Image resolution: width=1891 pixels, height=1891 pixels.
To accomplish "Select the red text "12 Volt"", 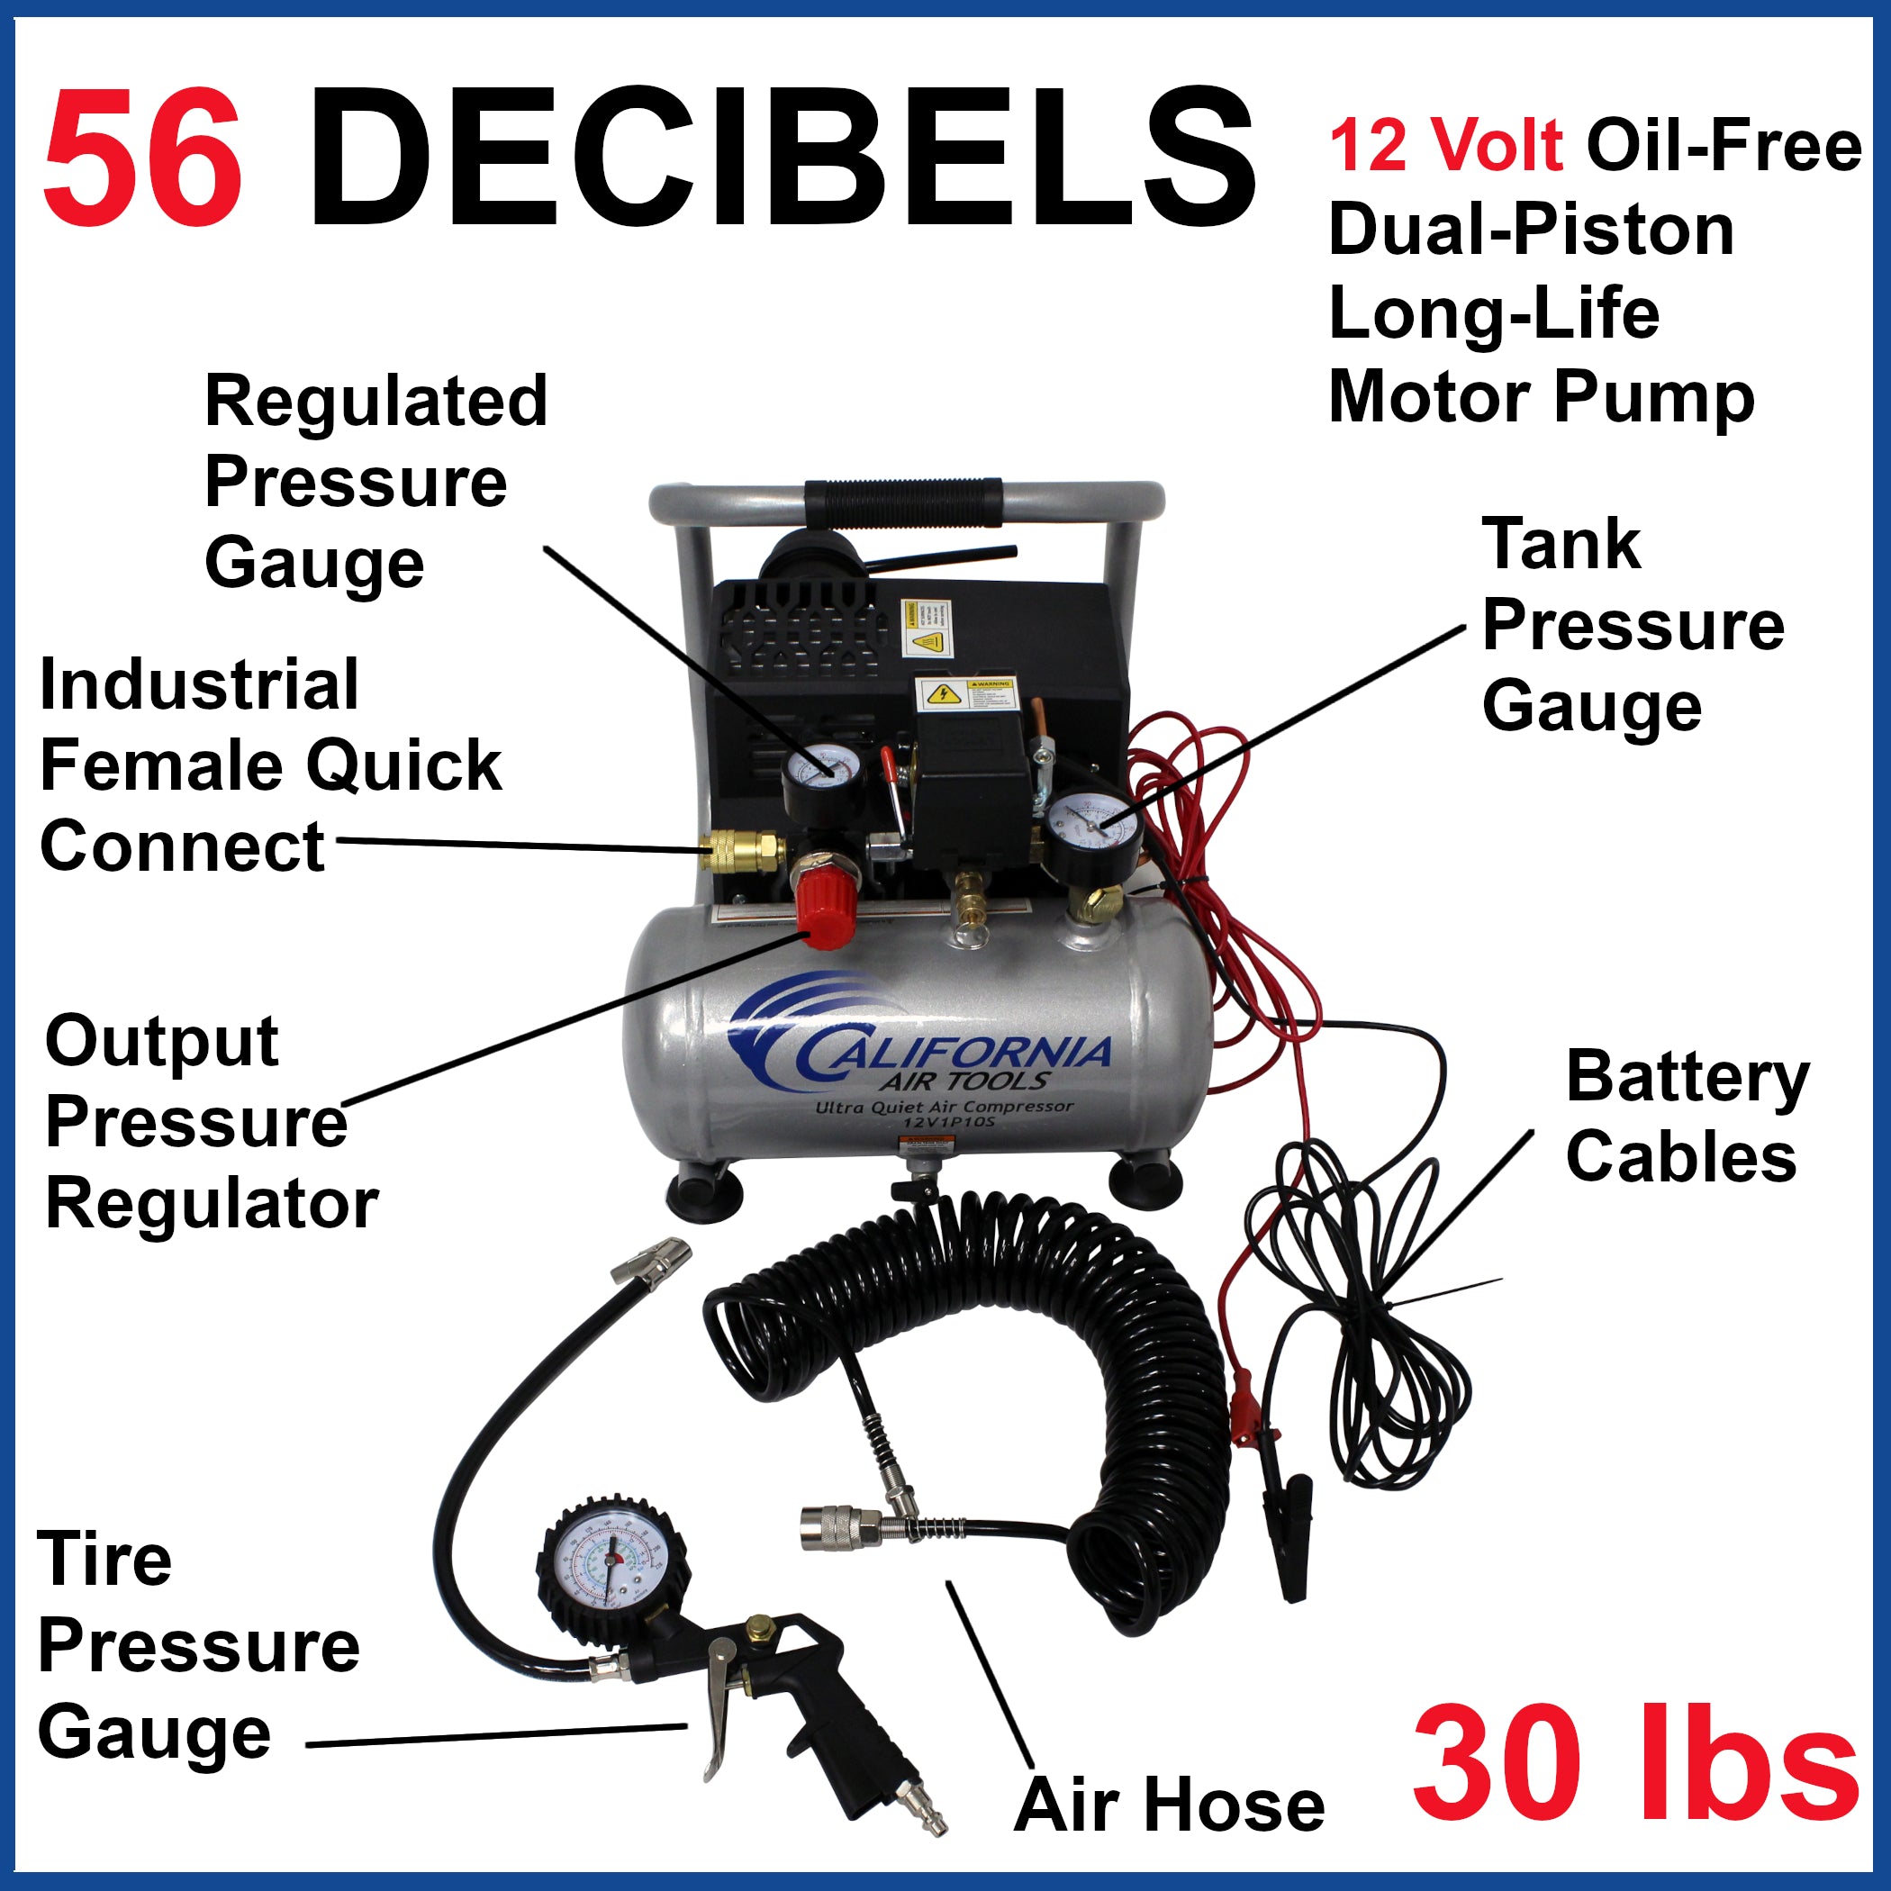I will (1447, 145).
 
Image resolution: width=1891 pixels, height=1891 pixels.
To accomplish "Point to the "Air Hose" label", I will (1169, 1805).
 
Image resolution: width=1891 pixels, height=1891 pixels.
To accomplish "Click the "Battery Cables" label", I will (1686, 1117).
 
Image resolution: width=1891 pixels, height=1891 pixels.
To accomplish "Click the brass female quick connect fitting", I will (744, 851).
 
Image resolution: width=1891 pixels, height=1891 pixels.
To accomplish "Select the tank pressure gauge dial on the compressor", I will (1092, 828).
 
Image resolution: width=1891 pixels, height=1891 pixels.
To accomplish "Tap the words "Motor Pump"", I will (1541, 397).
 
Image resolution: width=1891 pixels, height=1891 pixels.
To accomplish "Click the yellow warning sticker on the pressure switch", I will (965, 695).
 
